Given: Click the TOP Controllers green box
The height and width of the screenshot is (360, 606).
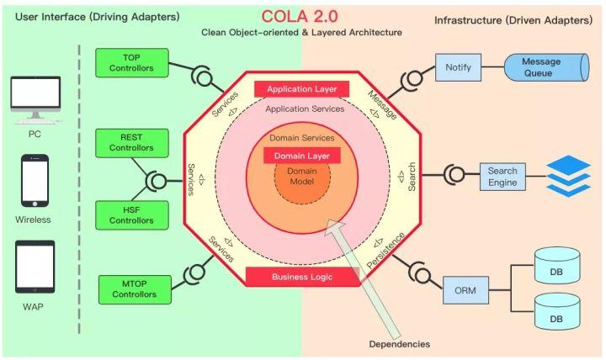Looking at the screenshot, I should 132,61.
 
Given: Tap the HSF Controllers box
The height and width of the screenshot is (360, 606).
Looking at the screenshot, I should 132,214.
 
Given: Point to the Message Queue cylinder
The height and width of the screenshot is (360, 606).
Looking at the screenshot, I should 541,68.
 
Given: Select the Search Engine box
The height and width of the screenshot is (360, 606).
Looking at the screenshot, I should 502,176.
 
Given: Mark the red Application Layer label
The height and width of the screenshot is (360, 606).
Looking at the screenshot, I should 301,89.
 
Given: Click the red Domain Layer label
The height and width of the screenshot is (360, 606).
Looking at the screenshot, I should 302,156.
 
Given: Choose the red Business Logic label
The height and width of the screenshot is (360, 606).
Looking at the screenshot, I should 301,277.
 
